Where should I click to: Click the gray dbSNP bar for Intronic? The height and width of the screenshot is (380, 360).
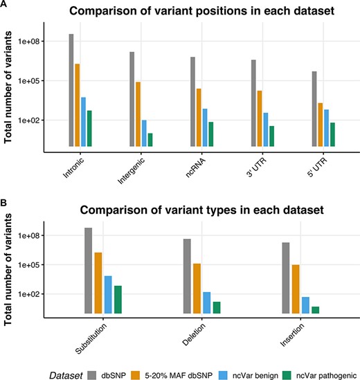pyautogui.click(x=71, y=90)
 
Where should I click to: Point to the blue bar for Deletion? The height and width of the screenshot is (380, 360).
pyautogui.click(x=207, y=302)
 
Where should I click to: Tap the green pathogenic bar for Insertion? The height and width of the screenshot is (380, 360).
pyautogui.click(x=316, y=309)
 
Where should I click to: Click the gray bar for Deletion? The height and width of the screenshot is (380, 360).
pyautogui.click(x=187, y=276)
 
